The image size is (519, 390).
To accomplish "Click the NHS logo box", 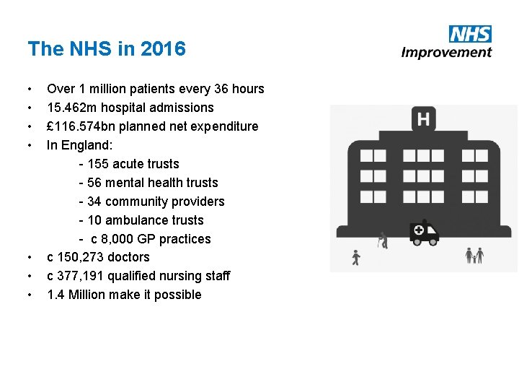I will [470, 34].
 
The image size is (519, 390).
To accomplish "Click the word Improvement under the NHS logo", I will [446, 52].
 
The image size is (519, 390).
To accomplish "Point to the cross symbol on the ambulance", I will [419, 230].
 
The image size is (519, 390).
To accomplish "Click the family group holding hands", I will [474, 255].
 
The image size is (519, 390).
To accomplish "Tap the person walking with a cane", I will [383, 240].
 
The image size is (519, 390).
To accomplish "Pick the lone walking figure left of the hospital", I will [355, 256].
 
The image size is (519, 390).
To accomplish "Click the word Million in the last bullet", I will [86, 295].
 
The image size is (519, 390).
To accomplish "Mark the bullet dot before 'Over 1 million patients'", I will [30, 90].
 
